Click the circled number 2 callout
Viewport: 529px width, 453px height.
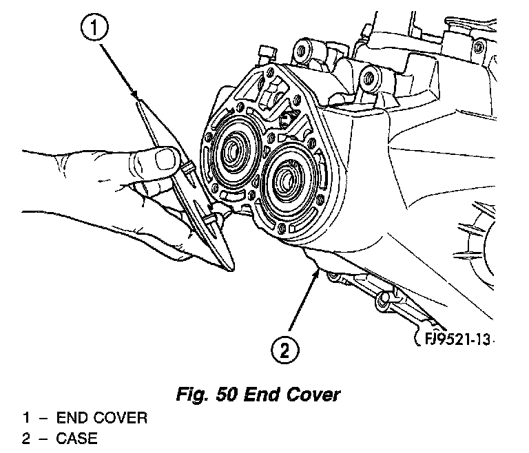point(284,350)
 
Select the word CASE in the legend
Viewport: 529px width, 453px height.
point(77,438)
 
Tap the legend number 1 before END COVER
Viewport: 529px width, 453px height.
point(25,418)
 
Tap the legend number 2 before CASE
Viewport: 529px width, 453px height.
point(25,438)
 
